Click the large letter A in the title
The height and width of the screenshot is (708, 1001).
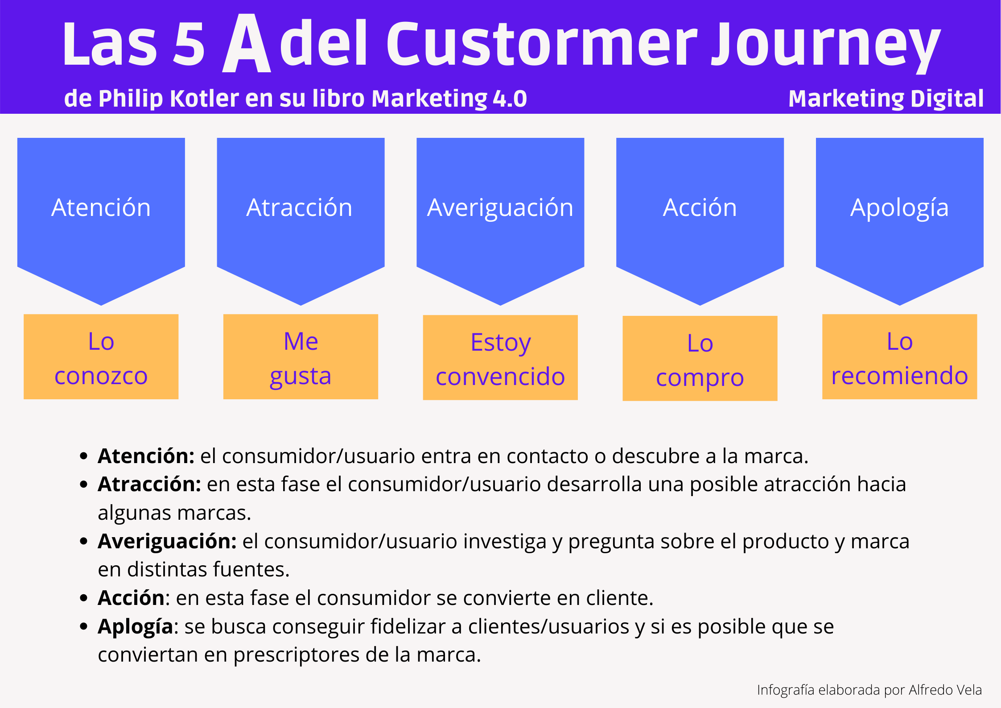pos(247,43)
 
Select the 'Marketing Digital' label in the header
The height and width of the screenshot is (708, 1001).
pos(886,99)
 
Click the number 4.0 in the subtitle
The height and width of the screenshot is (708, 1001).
pos(510,99)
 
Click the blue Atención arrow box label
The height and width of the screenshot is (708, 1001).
pos(101,207)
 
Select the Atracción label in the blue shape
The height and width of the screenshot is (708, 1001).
pos(299,207)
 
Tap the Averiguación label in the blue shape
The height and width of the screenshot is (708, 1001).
pos(500,208)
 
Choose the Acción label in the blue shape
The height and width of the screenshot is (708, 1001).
pos(700,207)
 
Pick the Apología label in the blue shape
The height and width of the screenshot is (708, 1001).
pos(899,208)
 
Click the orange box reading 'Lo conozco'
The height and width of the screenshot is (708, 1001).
pos(101,356)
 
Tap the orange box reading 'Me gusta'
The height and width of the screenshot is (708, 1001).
pos(301,356)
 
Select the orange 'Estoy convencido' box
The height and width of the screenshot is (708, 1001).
pos(500,357)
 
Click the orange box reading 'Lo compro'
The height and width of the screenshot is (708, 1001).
pos(700,358)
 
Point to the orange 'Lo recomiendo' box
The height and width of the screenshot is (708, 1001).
pos(900,356)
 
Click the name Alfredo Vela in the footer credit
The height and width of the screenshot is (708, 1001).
pos(945,690)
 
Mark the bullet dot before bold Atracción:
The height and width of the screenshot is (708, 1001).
pos(83,484)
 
